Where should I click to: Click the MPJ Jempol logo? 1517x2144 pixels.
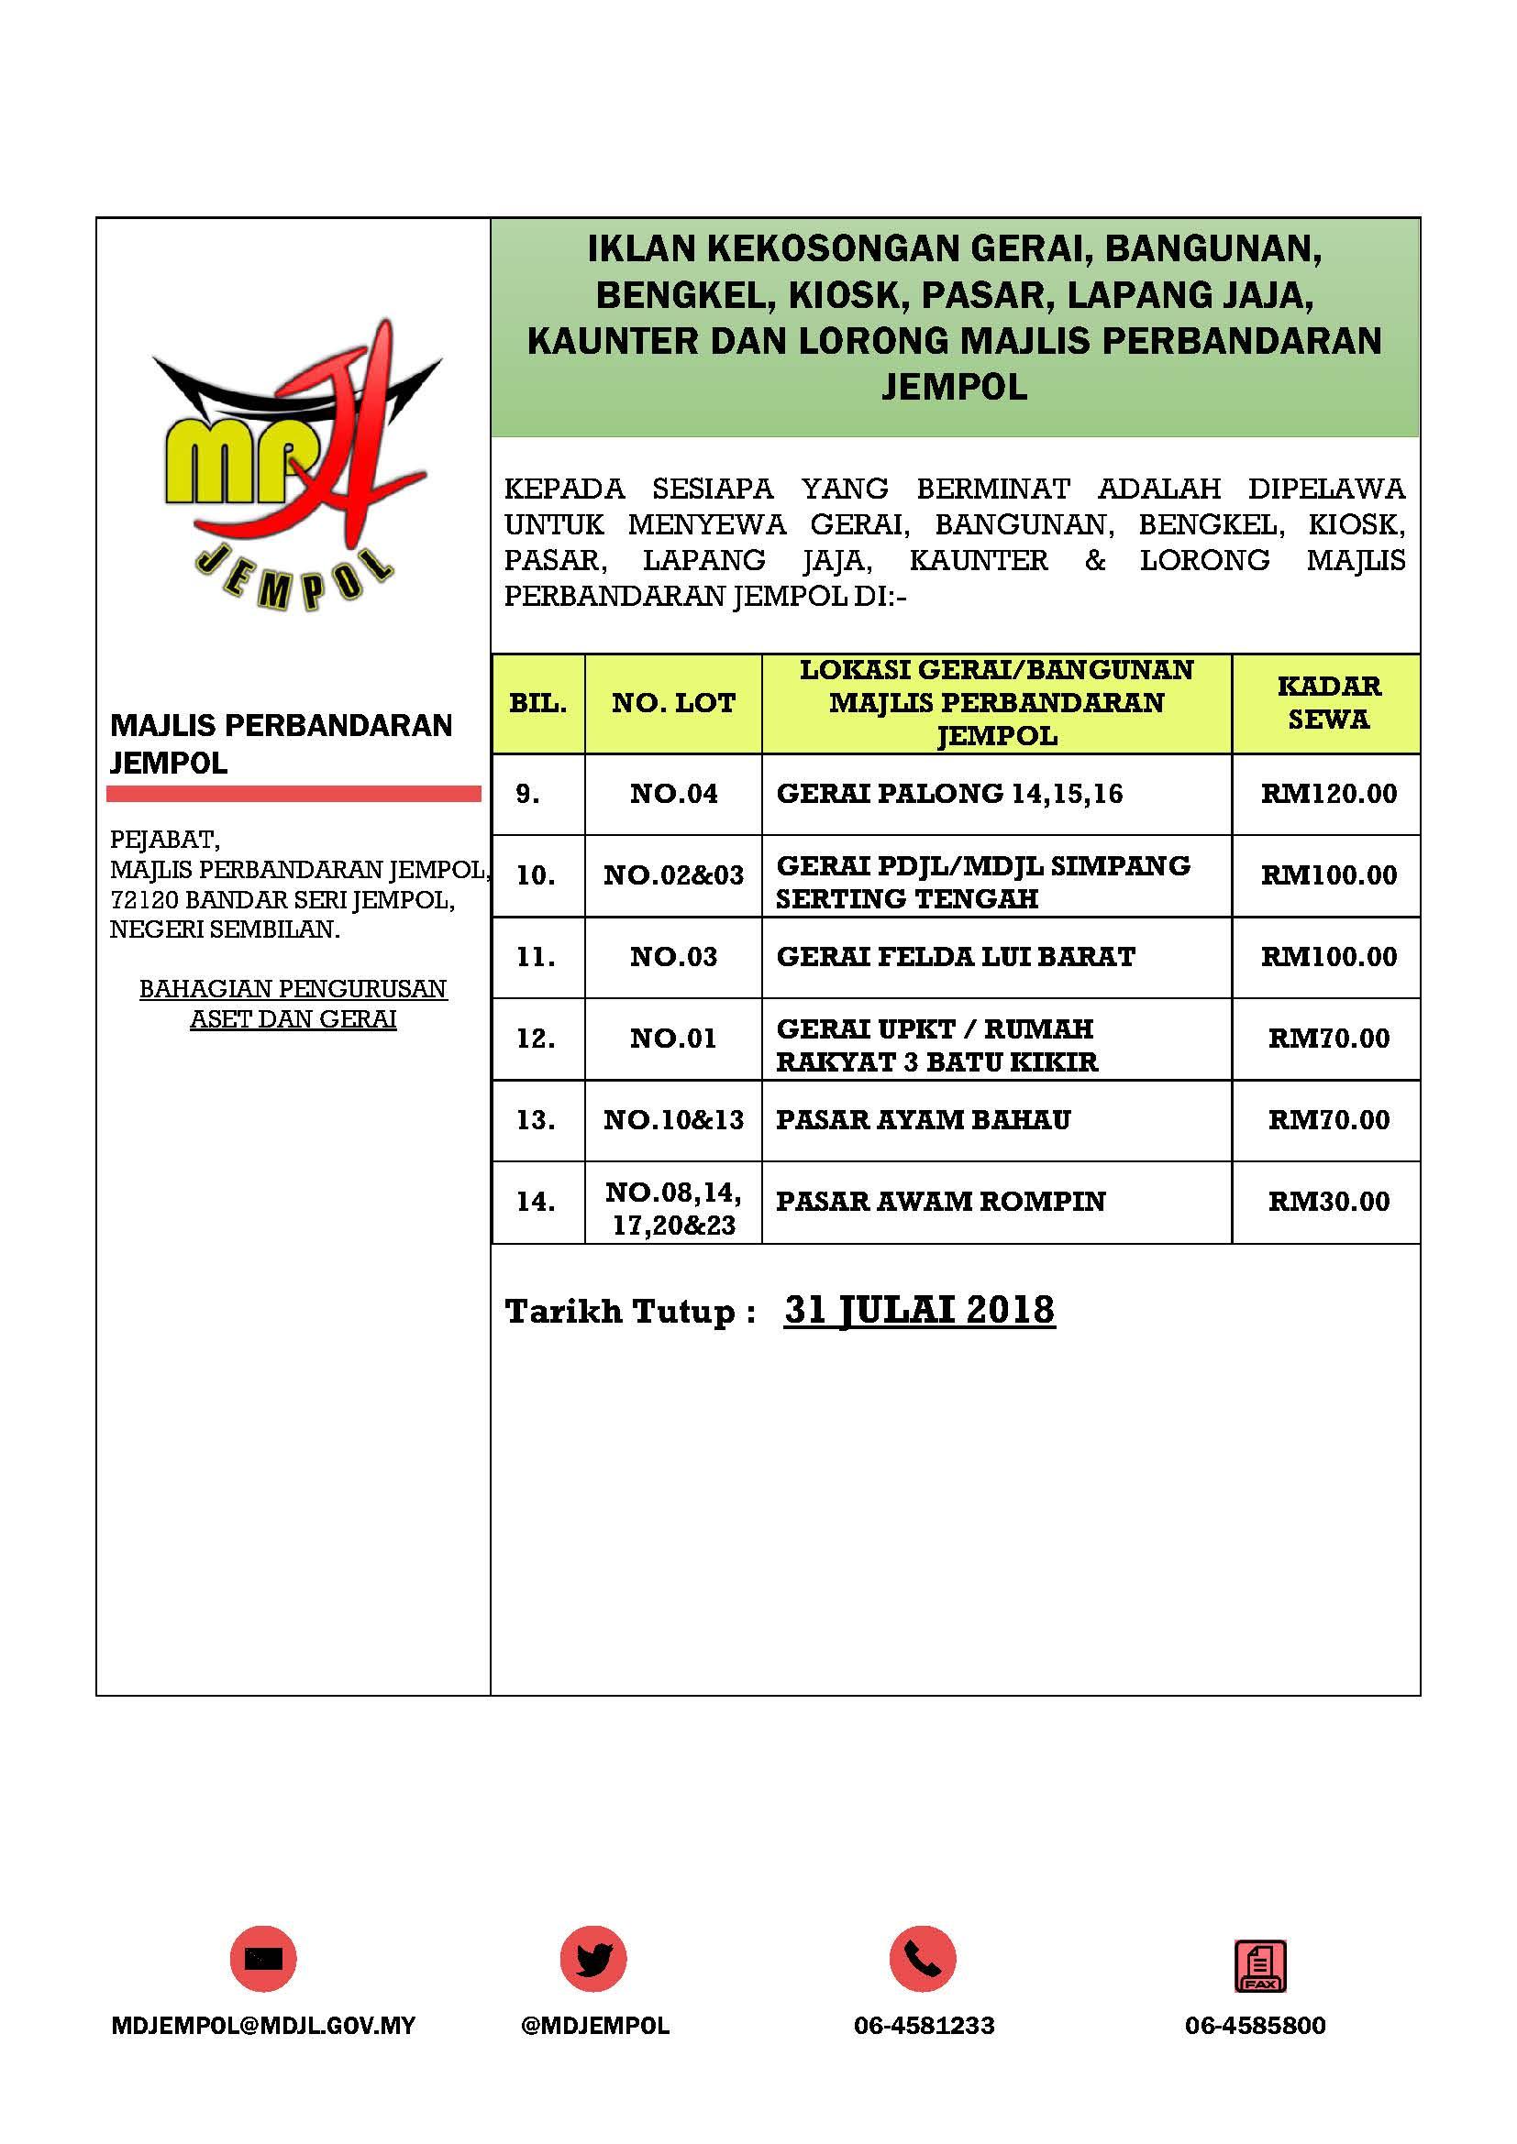(x=293, y=466)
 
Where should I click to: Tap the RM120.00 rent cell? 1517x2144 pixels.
(x=1328, y=794)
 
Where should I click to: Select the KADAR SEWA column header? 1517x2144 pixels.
(x=1328, y=703)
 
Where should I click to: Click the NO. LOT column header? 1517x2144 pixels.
(x=673, y=703)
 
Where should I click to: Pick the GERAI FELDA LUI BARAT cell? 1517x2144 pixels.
(x=956, y=957)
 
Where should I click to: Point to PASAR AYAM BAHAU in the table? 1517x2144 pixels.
(x=923, y=1119)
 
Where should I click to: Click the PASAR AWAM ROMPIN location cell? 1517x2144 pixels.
(x=941, y=1201)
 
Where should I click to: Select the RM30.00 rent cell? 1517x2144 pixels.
(x=1328, y=1202)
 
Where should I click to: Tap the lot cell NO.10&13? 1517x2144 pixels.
(x=673, y=1119)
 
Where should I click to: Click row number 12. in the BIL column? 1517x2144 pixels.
(x=537, y=1039)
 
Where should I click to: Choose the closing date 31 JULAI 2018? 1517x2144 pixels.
(x=919, y=1310)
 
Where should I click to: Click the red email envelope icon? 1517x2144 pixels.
(x=263, y=1958)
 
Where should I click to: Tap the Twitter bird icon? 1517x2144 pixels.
(x=593, y=1958)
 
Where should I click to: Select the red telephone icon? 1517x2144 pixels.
(x=923, y=1958)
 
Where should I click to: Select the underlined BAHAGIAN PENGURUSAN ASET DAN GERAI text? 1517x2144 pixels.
(x=293, y=1004)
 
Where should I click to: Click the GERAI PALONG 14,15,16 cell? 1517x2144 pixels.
(x=949, y=794)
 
